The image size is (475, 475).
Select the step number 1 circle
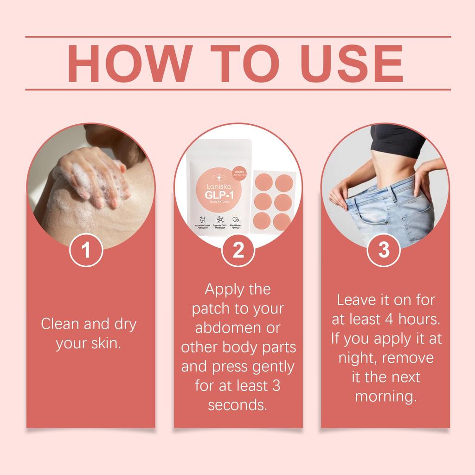point(86,250)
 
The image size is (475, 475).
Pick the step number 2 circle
point(238,250)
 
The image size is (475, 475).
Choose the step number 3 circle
point(384,250)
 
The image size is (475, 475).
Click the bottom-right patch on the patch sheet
point(282,221)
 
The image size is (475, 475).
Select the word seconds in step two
point(237,404)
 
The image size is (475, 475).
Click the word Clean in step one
point(60,324)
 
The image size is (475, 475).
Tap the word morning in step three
point(384,397)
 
